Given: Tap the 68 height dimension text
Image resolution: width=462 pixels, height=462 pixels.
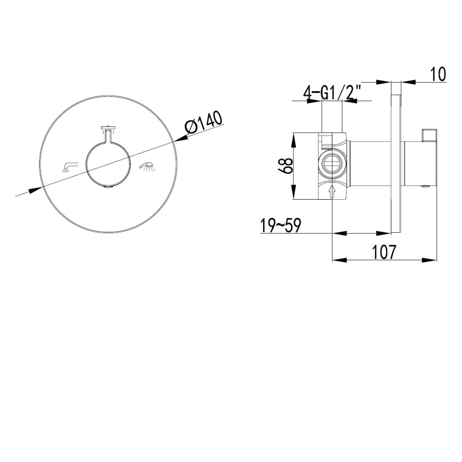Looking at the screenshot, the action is click(x=285, y=165).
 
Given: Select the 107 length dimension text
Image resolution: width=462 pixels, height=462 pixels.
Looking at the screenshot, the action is click(x=383, y=252).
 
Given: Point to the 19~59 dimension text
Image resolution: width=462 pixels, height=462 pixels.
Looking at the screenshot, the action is click(x=280, y=226).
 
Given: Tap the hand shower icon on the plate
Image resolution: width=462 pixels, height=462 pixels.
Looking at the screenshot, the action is click(x=148, y=167).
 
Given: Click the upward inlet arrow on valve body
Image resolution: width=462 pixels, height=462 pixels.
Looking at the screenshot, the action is click(x=332, y=191).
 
